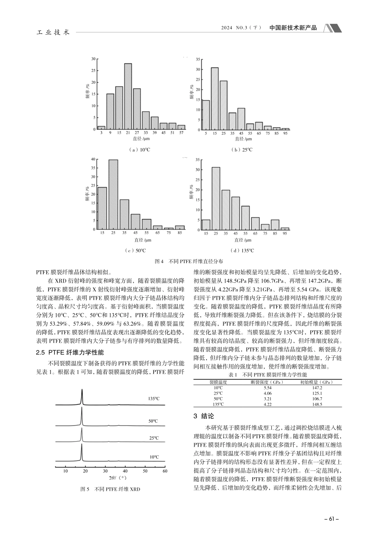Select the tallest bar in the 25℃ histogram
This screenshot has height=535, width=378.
click(214, 99)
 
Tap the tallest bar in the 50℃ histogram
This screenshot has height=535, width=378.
click(113, 194)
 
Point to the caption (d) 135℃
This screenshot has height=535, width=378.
click(242, 250)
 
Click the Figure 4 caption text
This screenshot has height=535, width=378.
click(188, 262)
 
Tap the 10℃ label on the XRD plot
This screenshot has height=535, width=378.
click(154, 457)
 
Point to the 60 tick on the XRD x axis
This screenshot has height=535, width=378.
click(165, 471)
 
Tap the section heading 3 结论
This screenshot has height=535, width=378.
click(203, 416)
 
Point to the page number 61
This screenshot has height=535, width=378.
click(331, 519)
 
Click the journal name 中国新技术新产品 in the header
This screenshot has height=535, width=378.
click(293, 28)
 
